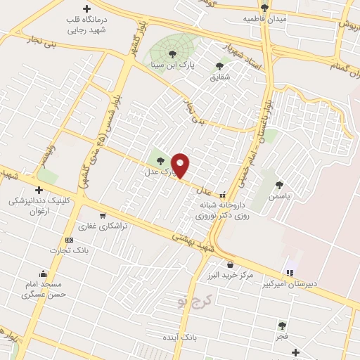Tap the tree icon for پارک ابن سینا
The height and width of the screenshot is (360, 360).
pos(172,53)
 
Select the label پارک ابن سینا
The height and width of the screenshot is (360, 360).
pos(172,65)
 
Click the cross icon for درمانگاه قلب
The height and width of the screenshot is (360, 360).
pos(86,9)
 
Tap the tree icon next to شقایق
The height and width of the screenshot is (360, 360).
pos(219,66)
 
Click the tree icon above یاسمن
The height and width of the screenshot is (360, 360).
pos(279,185)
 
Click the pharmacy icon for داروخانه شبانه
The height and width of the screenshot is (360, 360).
pos(223,195)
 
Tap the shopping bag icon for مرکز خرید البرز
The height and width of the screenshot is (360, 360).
pos(230,264)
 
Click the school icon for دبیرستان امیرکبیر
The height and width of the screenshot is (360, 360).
pos(289,273)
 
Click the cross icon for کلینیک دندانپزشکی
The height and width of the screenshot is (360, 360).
pos(39,190)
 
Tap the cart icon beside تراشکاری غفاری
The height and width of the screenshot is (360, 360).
pos(103,215)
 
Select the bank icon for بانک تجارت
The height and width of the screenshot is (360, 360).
pos(68,240)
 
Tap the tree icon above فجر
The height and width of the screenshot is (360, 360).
pos(282,325)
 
